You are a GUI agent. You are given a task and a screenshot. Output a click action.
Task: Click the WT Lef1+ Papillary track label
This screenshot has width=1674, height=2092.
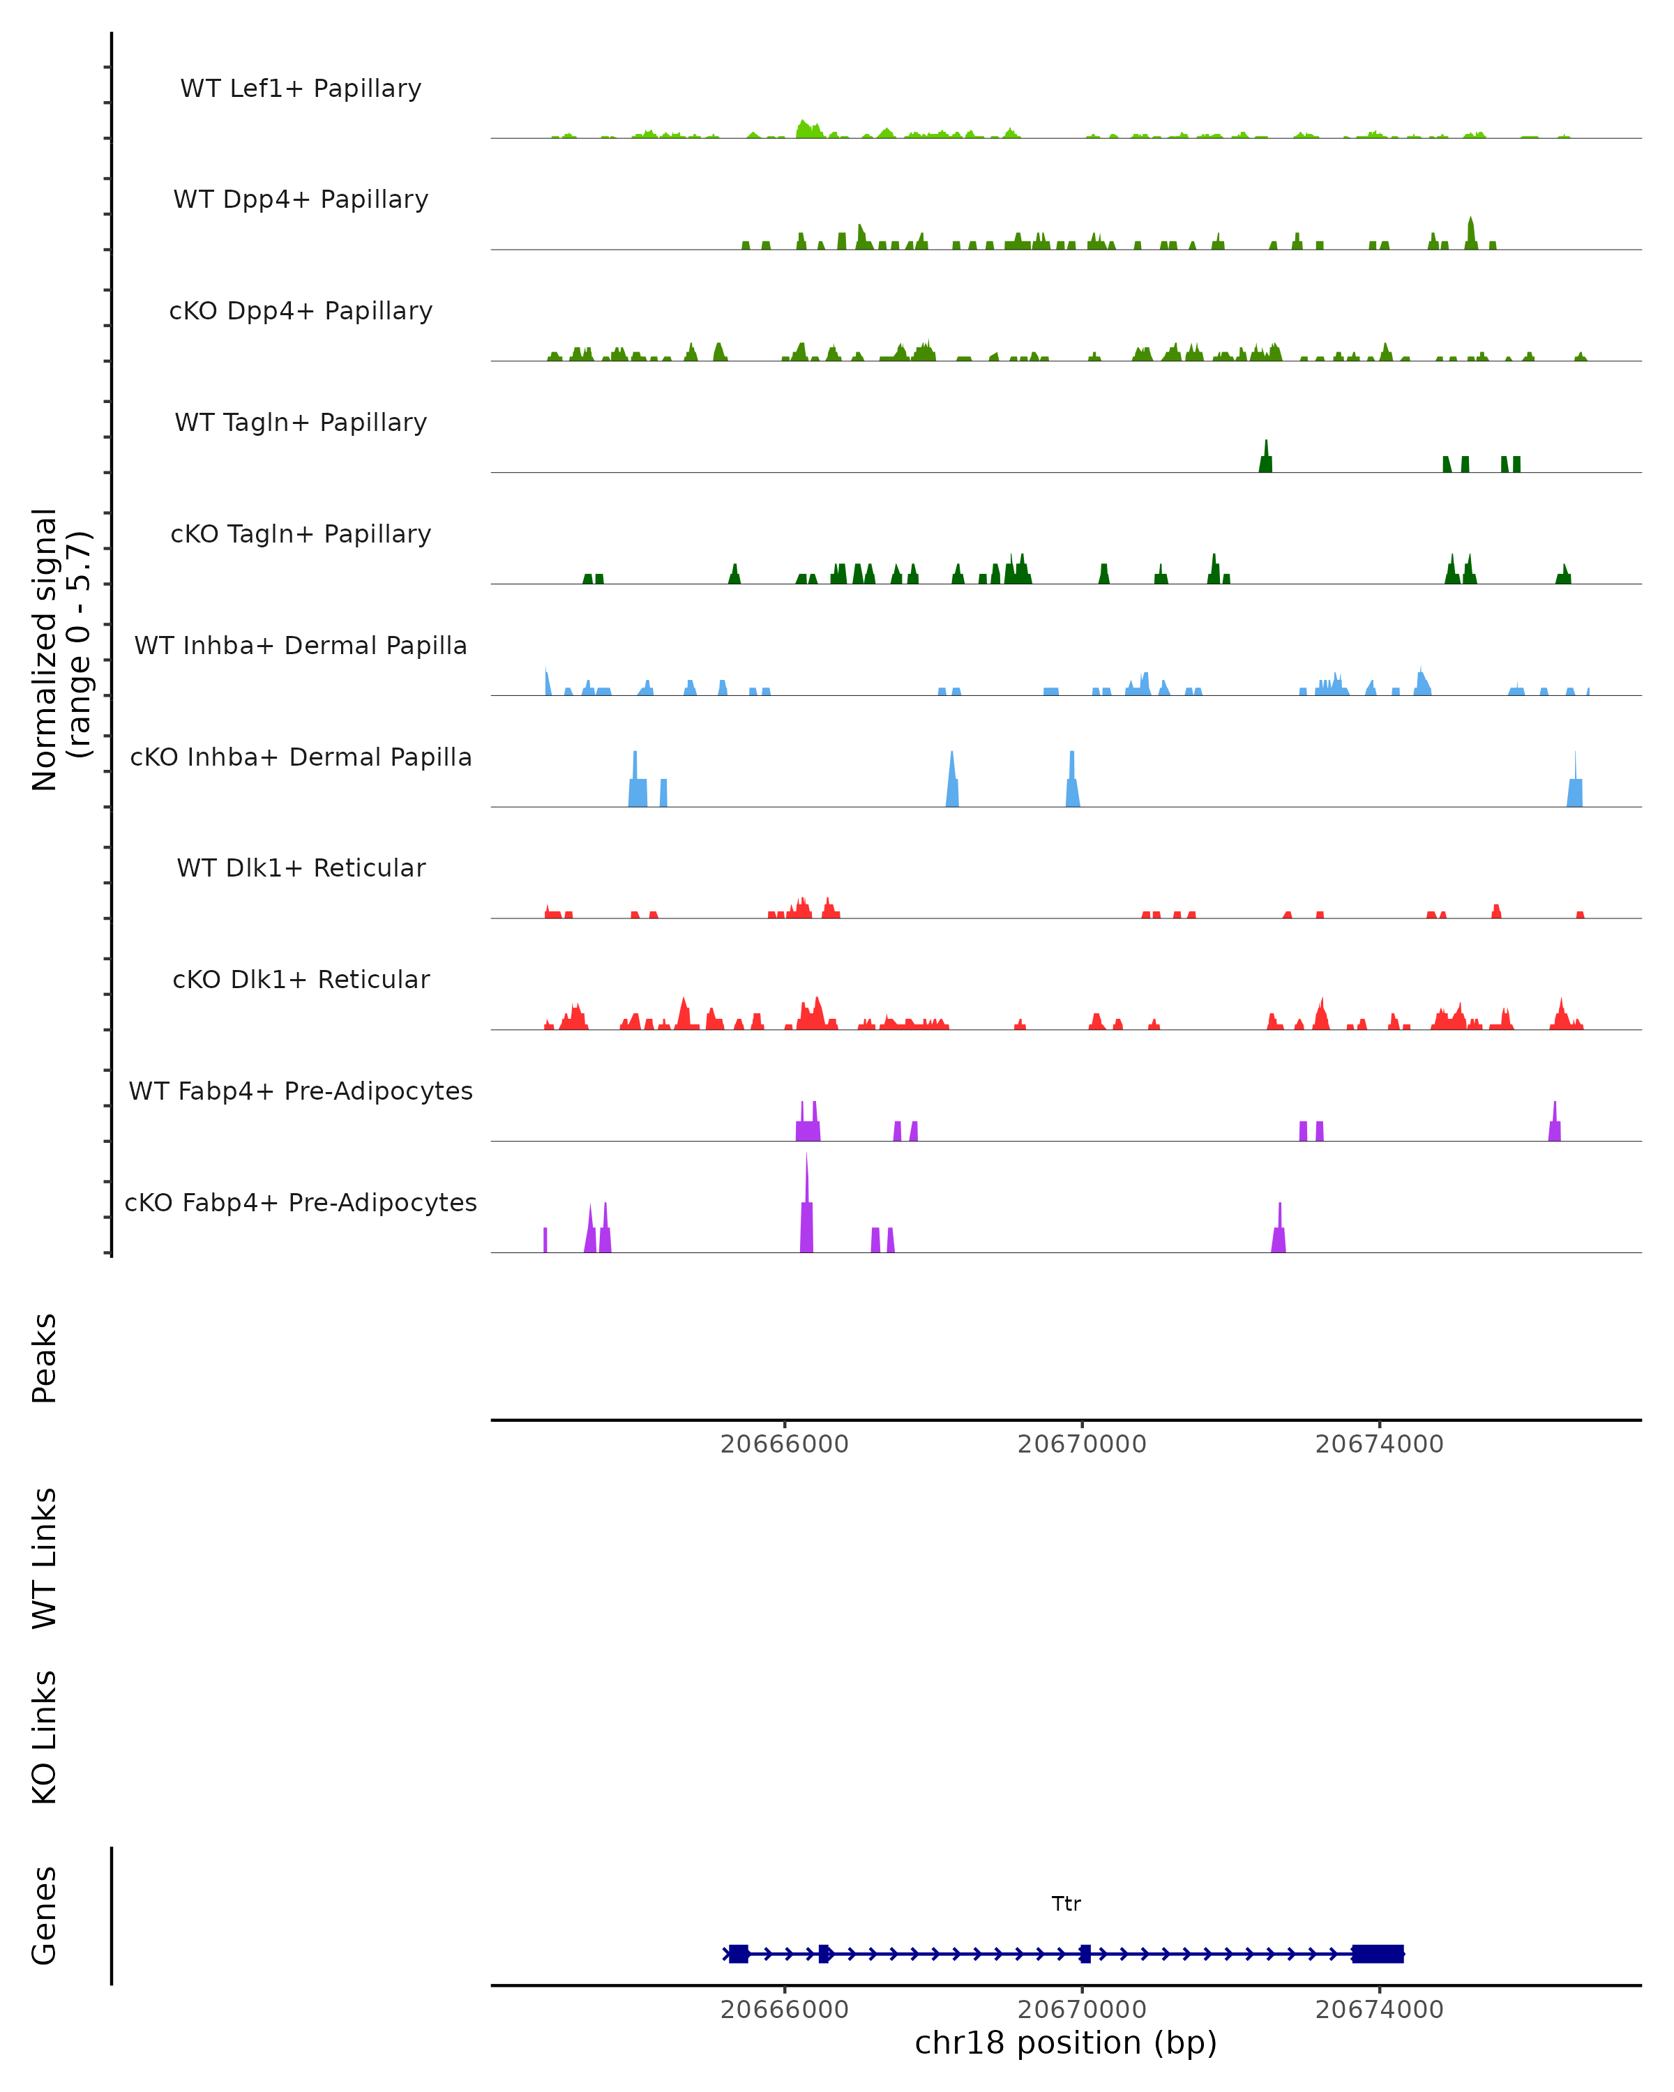301,89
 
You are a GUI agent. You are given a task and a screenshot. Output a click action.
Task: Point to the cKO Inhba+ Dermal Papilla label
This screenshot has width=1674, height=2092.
301,757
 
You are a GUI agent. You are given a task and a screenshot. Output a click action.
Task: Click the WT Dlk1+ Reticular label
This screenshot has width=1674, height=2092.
301,867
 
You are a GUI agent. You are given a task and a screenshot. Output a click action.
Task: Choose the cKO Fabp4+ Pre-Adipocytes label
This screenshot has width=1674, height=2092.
301,1202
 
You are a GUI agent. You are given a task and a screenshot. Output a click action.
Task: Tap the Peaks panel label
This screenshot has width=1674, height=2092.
45,1358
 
